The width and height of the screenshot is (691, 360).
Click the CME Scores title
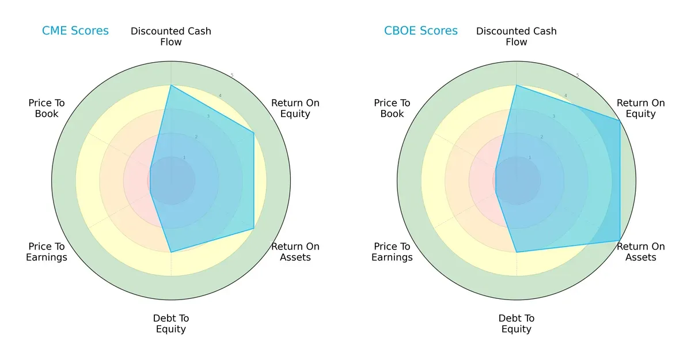[x=75, y=31]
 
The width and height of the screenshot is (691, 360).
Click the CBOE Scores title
[x=421, y=31]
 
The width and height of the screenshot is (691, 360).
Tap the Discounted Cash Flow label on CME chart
[x=171, y=36]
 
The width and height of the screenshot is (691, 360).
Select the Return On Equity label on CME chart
[x=295, y=108]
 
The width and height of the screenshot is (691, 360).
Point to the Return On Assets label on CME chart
[x=295, y=252]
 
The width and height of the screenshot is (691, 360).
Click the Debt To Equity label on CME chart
[x=171, y=324]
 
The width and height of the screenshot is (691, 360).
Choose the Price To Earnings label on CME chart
[x=47, y=252]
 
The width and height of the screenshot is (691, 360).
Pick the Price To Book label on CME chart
[x=47, y=108]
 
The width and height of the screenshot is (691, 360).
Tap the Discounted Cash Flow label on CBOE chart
[x=517, y=36]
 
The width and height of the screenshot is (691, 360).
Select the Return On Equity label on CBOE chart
[x=641, y=108]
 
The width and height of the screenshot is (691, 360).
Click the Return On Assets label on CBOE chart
[x=641, y=252]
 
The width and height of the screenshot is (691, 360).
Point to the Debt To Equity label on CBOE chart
[x=517, y=324]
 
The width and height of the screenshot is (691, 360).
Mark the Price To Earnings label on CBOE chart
[x=392, y=252]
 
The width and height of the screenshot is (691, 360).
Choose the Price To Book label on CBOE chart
[x=392, y=108]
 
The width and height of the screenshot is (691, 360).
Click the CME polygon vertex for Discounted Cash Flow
[x=171, y=85]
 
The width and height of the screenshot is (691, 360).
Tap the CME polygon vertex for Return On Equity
[x=254, y=132]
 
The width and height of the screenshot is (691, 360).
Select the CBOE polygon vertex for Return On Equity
[x=620, y=120]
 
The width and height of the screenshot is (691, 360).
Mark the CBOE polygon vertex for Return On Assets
[x=620, y=240]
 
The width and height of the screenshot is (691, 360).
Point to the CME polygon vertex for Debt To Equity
[x=171, y=252]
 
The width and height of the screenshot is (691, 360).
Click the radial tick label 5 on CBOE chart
[x=578, y=75]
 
